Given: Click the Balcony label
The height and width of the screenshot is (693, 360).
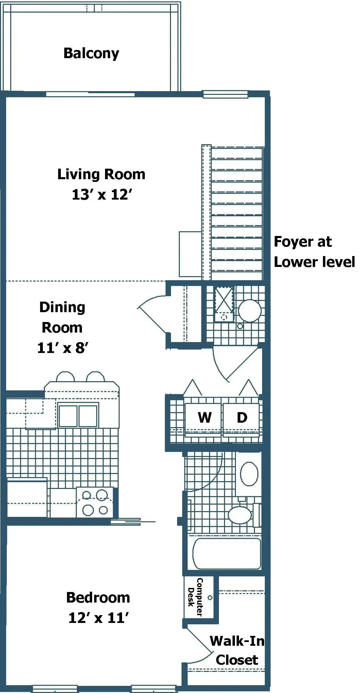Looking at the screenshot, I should point(91,53).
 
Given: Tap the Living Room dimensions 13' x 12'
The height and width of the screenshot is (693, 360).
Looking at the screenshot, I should point(101,195).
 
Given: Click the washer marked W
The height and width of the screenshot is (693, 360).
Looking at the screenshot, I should point(204,418).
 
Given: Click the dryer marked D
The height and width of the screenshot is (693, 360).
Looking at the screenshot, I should point(242,418).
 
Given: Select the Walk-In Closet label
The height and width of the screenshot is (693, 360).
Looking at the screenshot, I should point(237,650).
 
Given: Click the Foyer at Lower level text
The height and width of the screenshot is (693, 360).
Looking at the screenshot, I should point(314,252).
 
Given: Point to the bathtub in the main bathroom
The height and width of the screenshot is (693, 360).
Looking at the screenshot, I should point(227,553).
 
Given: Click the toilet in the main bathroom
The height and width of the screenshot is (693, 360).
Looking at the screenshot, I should point(241,514).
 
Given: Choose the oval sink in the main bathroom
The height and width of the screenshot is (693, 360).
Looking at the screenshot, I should point(249,474).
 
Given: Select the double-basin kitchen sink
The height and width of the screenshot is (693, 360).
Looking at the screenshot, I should point(78,415).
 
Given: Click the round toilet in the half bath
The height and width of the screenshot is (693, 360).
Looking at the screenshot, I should point(250,310).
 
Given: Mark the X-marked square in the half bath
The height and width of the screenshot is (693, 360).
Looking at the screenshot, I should point(224,300).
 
